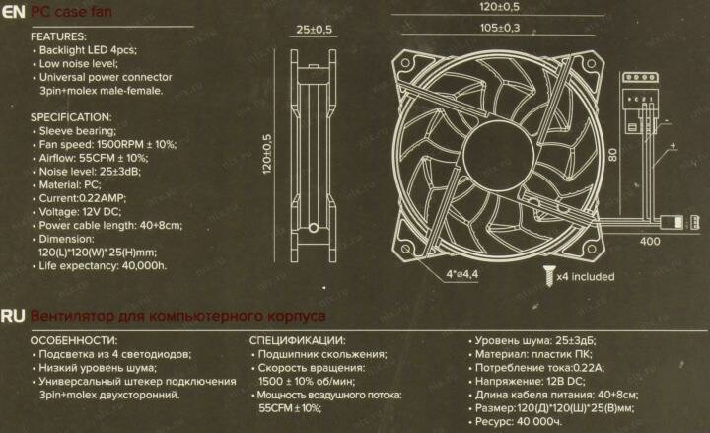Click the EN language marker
click(14, 13)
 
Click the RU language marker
click(14, 317)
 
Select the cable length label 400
click(650, 241)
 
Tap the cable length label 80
click(612, 156)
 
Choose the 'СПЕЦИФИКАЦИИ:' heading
click(297, 339)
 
